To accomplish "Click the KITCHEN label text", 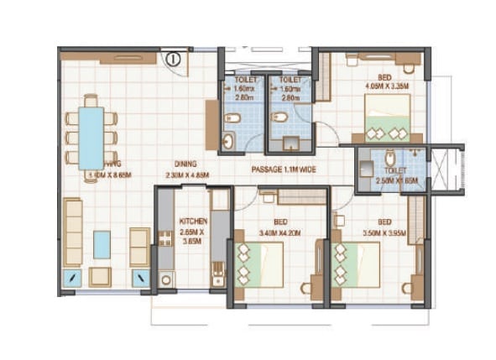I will (x=194, y=222).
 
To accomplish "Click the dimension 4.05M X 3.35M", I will (x=386, y=85).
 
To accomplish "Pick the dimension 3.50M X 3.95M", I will (x=383, y=232).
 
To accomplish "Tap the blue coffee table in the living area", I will (x=102, y=244).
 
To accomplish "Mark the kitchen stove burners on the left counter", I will (x=165, y=239).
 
